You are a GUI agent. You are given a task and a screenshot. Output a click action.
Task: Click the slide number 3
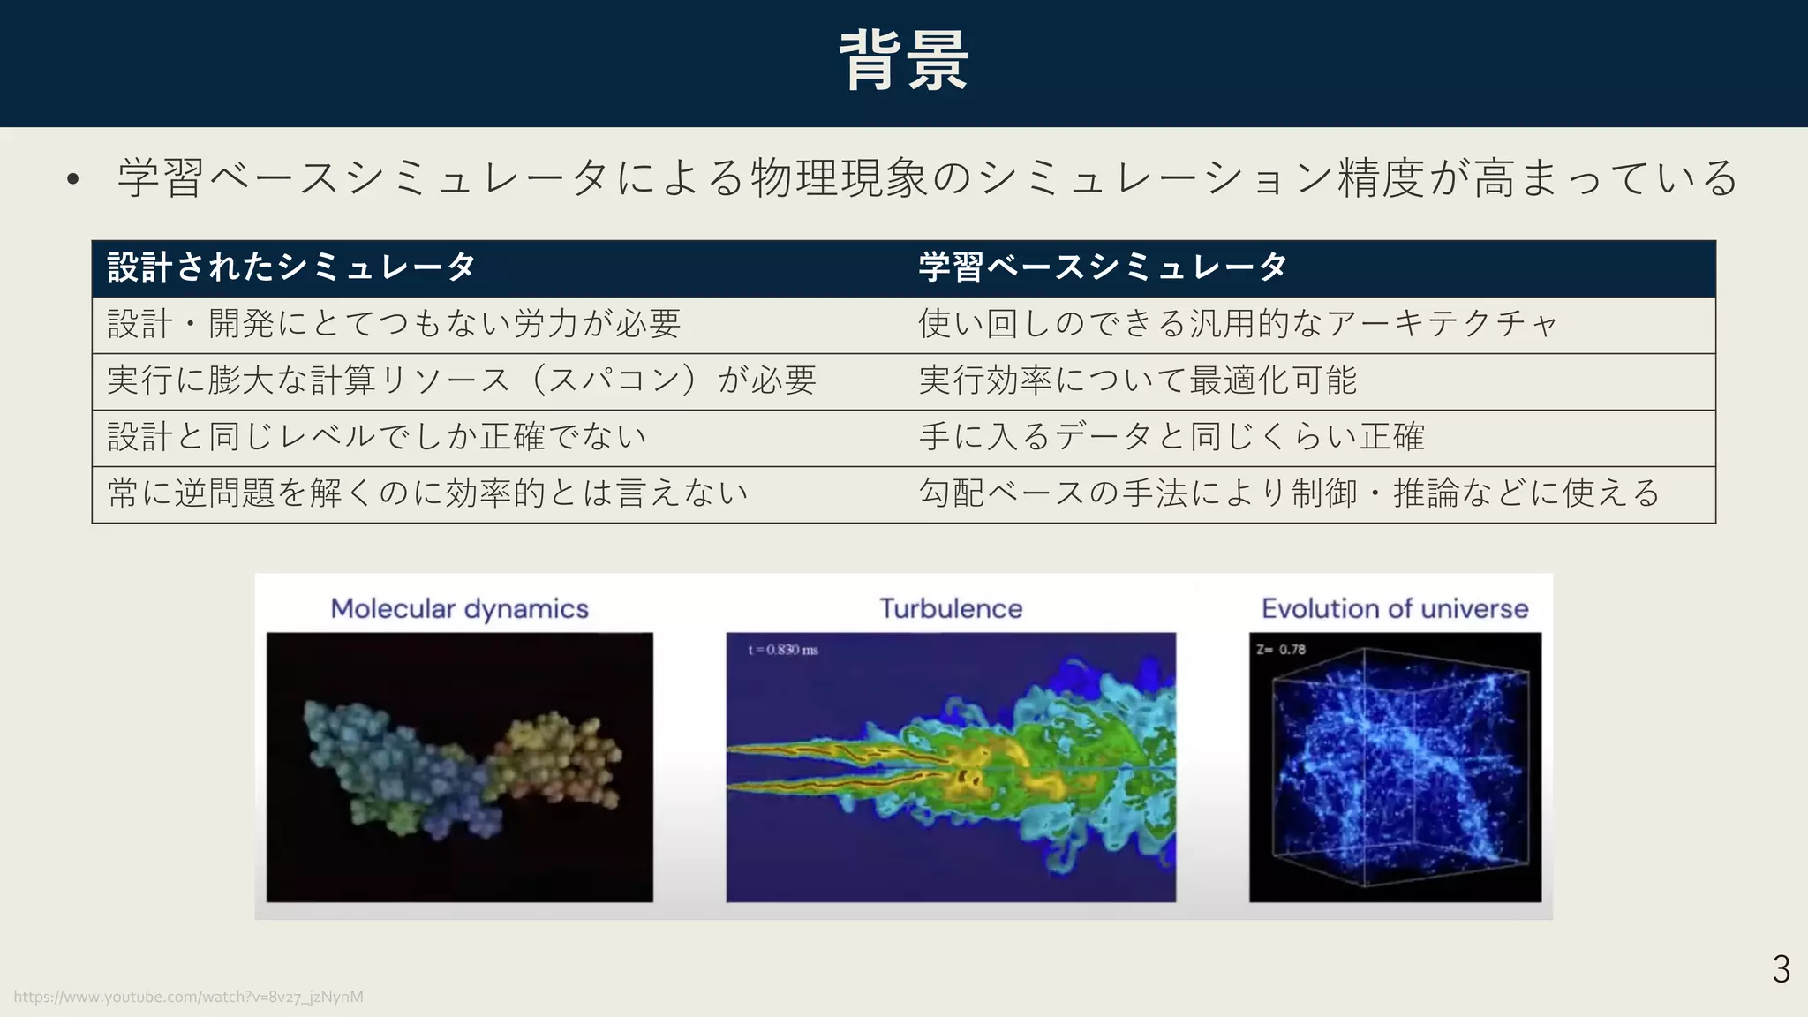coord(1781,969)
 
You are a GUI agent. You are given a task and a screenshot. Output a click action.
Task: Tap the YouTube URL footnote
coord(188,997)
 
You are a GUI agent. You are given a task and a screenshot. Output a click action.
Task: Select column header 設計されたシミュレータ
coord(291,267)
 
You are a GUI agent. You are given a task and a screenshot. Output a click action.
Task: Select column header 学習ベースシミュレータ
coord(1103,267)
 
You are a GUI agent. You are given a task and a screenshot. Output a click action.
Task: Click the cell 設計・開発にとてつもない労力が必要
coord(394,324)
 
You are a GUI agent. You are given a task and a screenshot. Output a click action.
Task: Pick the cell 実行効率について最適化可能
coord(1137,380)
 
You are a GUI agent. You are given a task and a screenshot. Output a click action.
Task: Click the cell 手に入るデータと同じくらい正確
coord(1171,437)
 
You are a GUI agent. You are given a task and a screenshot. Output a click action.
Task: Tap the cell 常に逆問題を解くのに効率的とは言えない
coord(428,493)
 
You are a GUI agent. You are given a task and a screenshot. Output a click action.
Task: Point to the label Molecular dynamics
coord(459,608)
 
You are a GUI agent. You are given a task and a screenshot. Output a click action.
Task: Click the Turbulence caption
coord(951,608)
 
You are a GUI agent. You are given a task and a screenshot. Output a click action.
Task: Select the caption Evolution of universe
coord(1395,608)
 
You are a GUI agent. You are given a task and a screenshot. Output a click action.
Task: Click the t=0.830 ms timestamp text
coord(783,650)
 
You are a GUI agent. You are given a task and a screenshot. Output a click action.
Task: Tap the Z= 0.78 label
coord(1281,650)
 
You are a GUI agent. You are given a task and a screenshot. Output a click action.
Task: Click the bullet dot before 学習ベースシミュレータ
coord(73,180)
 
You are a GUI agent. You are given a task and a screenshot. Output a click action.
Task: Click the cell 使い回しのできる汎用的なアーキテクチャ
coord(1238,324)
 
